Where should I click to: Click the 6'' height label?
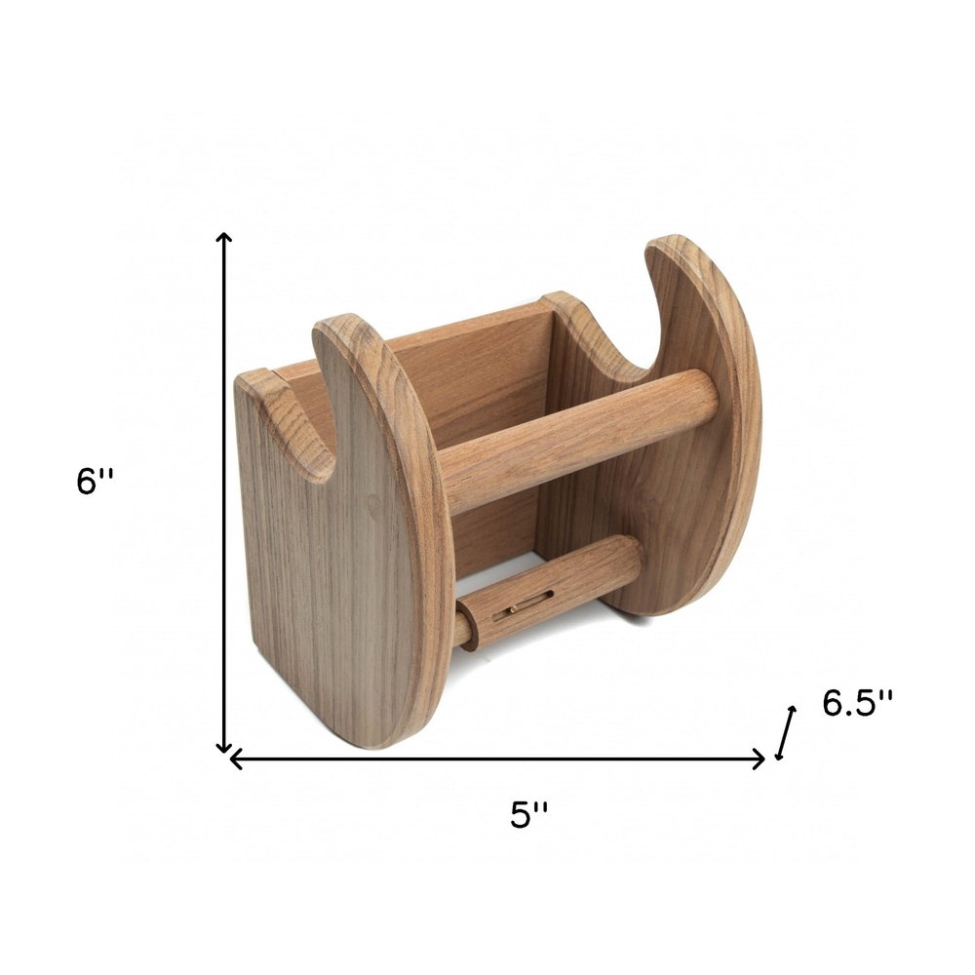[96, 481]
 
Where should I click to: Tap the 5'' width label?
[529, 814]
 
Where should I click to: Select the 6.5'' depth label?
[857, 702]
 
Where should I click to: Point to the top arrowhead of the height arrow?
[224, 238]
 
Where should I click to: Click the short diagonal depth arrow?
[786, 732]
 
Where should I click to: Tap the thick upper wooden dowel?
[575, 439]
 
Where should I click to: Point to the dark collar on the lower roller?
[467, 625]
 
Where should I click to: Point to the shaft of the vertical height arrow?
[224, 487]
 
